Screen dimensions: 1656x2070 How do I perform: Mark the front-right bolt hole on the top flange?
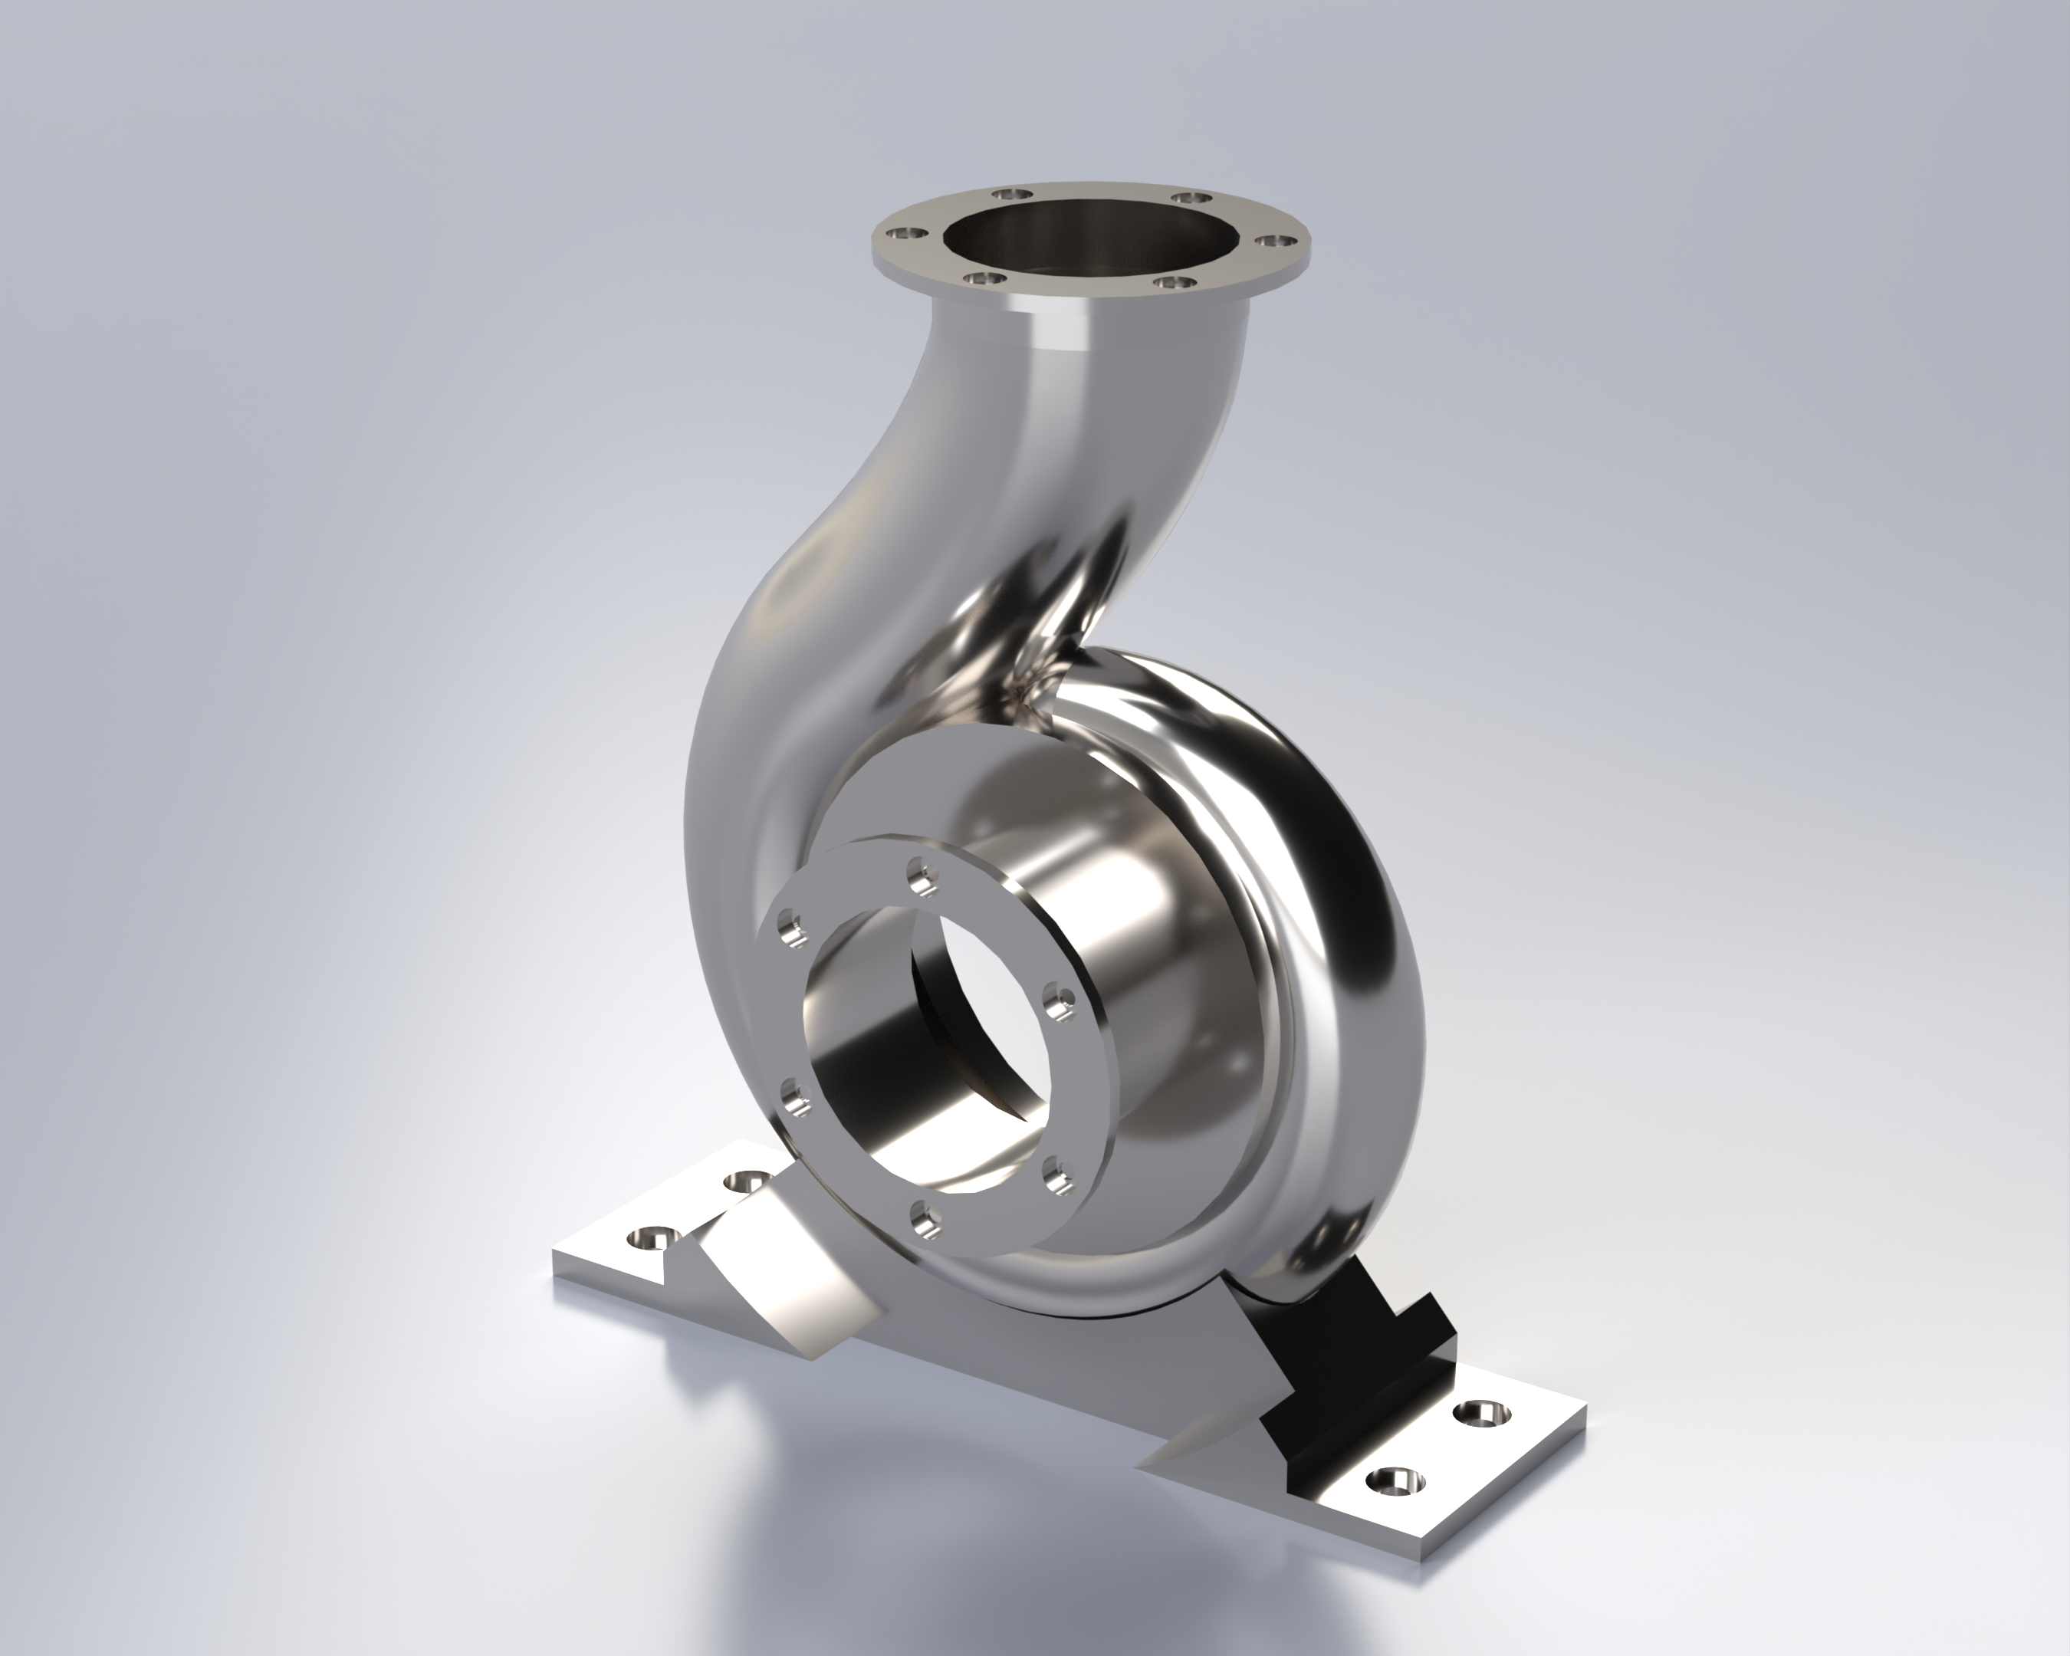1172,282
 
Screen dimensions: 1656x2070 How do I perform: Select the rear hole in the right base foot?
1483,1413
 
